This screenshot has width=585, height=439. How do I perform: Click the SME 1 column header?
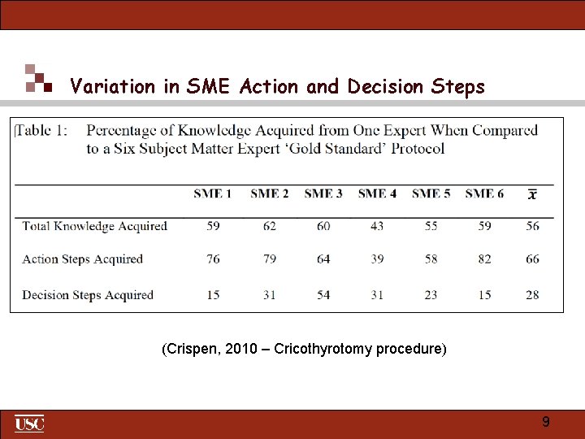(212, 193)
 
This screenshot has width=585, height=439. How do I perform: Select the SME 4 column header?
(377, 193)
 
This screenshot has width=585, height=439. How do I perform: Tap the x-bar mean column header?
(532, 194)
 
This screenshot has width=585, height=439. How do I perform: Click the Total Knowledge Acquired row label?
(94, 226)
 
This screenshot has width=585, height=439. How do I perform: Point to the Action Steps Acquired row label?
(82, 259)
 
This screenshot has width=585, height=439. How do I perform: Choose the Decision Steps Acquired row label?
(88, 295)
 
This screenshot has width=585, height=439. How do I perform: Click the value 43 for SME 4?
(377, 226)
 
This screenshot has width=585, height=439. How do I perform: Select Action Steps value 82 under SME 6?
(485, 259)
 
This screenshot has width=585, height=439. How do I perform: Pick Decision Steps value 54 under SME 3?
(323, 295)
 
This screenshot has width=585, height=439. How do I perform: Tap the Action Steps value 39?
(377, 259)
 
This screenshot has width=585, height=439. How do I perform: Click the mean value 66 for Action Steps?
(532, 259)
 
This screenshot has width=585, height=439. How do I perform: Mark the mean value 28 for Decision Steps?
(532, 295)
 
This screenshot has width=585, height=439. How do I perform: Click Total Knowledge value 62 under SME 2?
(270, 226)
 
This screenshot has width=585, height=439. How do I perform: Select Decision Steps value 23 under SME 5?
(431, 295)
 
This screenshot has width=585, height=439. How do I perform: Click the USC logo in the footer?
(29, 424)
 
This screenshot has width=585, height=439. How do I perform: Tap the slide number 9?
(546, 422)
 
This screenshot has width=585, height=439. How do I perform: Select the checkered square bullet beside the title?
(37, 78)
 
